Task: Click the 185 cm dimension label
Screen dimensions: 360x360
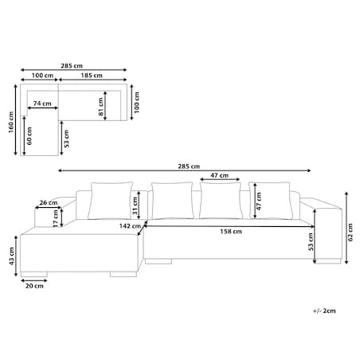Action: point(92,76)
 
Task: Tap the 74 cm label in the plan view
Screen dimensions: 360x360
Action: point(42,104)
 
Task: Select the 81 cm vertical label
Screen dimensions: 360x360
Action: point(101,107)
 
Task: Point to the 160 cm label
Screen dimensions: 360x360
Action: point(11,122)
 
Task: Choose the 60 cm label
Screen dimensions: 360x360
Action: point(29,136)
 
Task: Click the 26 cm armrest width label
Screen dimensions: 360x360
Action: point(49,202)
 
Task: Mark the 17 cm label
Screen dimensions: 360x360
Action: point(56,218)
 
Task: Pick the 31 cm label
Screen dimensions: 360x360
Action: point(135,205)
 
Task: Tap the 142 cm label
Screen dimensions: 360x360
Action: point(130,226)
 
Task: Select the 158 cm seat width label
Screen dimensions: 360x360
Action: point(231,232)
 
